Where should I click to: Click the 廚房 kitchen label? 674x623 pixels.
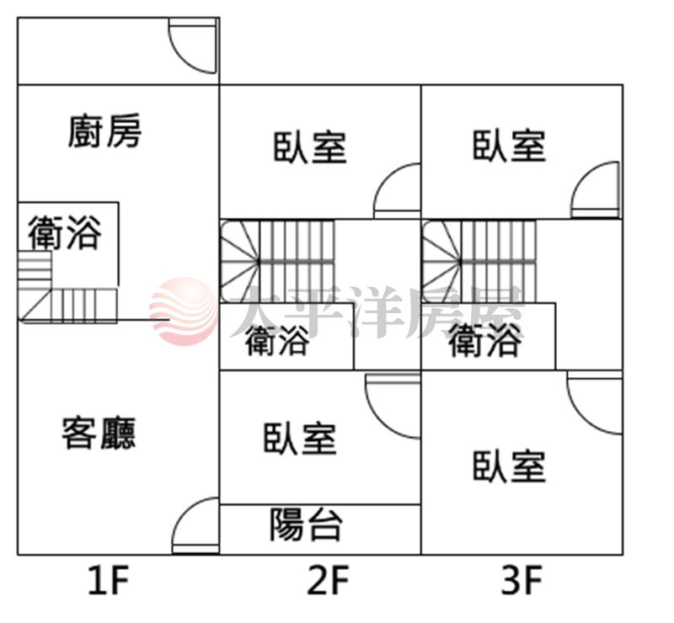pos(105,131)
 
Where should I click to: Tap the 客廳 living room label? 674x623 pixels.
pos(99,433)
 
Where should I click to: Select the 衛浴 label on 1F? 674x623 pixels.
pos(64,233)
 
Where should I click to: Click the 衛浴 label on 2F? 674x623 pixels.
pos(277,342)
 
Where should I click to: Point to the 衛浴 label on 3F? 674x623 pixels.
pos(484,342)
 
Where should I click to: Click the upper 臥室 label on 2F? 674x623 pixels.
pos(310,146)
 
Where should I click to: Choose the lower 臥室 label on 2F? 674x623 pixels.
pos(300,439)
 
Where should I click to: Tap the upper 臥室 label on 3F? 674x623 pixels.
pos(509,145)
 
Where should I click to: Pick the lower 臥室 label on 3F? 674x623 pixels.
pos(509,466)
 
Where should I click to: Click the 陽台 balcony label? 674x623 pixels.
pos(307,524)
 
